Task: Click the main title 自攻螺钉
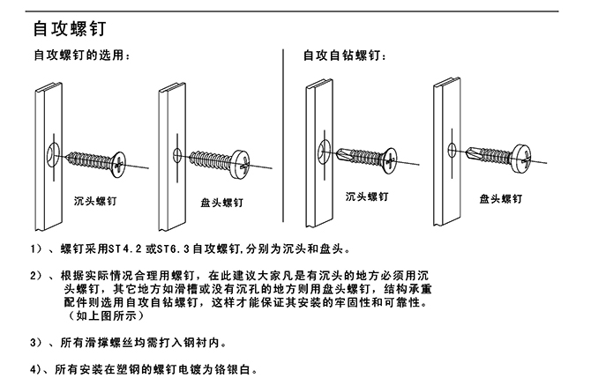(70, 28)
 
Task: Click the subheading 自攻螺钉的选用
(82, 56)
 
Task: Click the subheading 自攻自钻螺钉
(344, 56)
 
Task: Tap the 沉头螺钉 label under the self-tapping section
(95, 201)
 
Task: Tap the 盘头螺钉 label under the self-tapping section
(221, 203)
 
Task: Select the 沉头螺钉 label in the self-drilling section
(367, 196)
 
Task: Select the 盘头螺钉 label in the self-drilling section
(501, 199)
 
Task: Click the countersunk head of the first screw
(118, 165)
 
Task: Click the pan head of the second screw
(240, 165)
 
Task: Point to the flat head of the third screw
(390, 159)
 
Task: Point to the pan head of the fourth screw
(521, 158)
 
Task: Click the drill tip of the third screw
(342, 154)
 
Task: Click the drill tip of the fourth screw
(471, 152)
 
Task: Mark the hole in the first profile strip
(54, 155)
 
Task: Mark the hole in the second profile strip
(177, 155)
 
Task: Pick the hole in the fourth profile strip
(452, 150)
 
